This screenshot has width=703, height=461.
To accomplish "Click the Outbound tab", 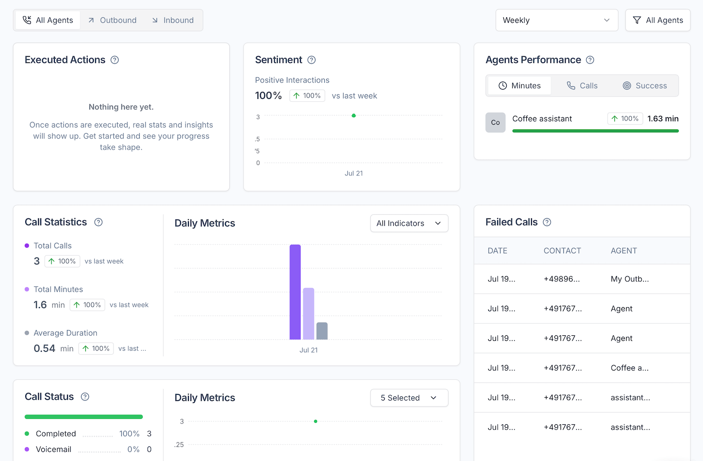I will click(x=112, y=20).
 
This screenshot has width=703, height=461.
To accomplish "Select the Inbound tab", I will click(x=173, y=20).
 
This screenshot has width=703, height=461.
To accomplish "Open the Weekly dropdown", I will click(x=556, y=20).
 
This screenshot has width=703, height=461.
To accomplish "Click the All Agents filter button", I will click(x=658, y=20).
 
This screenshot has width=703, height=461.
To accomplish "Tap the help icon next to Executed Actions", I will click(x=114, y=60).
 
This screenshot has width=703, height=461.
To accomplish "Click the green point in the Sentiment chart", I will click(x=354, y=115).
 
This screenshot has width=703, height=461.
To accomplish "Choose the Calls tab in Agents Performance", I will click(x=582, y=86).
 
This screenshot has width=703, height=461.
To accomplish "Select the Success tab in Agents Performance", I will click(x=645, y=86).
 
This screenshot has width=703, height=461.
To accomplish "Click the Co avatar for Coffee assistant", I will click(x=495, y=122).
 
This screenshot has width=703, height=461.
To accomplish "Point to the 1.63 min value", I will click(x=663, y=119).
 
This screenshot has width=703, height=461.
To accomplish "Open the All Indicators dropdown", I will click(x=409, y=223).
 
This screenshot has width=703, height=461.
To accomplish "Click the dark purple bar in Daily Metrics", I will click(x=295, y=292).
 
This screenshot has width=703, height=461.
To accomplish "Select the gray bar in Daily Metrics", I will click(x=322, y=331).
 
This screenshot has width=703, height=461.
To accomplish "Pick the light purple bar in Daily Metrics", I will click(x=308, y=313).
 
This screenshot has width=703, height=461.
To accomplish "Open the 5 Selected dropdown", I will click(x=409, y=398).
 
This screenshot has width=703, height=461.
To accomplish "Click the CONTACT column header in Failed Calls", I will click(x=562, y=251).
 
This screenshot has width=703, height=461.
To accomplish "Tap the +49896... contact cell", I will click(x=561, y=279).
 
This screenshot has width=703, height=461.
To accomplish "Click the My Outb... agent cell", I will click(x=629, y=279).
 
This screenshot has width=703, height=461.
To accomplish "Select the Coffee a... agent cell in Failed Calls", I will click(x=629, y=368).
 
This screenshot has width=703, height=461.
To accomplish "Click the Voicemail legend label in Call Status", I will click(x=53, y=449).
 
